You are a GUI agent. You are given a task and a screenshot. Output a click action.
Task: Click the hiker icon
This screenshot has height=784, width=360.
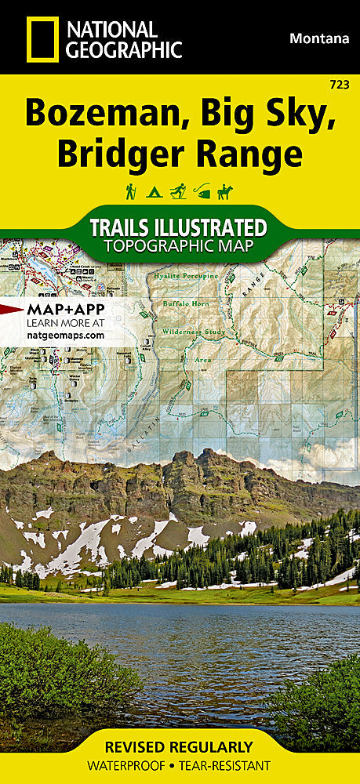click(130, 191)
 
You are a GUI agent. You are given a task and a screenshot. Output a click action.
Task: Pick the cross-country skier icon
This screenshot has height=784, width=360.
click(179, 191)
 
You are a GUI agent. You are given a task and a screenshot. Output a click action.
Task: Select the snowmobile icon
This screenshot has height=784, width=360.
click(204, 191)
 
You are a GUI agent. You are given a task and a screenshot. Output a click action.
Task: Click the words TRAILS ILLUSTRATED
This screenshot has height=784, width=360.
click(178, 228)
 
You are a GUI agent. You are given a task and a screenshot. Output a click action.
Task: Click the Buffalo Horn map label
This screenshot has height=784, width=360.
click(182, 303)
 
